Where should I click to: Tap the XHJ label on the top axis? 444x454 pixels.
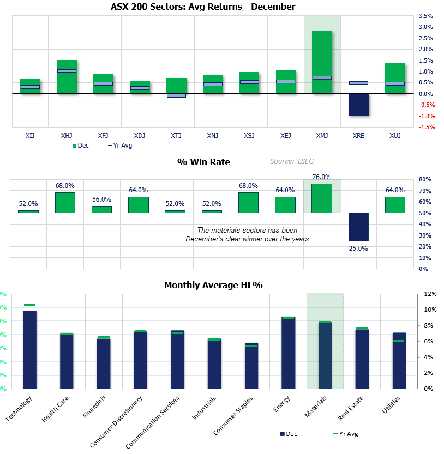click(x=67, y=135)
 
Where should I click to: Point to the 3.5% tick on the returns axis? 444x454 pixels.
click(x=426, y=16)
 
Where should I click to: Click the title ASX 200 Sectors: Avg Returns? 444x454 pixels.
click(x=203, y=7)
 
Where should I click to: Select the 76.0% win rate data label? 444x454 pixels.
click(x=322, y=177)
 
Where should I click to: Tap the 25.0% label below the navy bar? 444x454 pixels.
click(x=358, y=248)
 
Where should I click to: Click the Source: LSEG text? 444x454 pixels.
click(x=292, y=161)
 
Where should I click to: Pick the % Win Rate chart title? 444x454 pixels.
click(x=203, y=162)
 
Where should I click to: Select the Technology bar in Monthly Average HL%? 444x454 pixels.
click(x=29, y=349)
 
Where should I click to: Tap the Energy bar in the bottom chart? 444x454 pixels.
click(x=288, y=352)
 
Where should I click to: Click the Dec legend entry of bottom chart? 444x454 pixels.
click(x=289, y=434)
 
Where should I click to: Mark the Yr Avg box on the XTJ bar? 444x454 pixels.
click(x=176, y=95)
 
